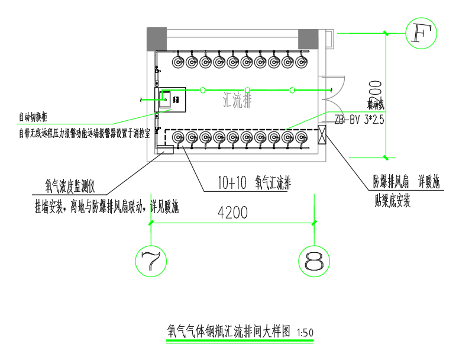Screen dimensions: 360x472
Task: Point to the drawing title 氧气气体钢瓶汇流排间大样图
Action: [x=229, y=332]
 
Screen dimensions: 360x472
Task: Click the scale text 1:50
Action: [x=305, y=333]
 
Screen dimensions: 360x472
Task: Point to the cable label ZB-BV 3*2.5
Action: [x=360, y=119]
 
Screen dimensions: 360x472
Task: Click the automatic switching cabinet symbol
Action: [x=171, y=99]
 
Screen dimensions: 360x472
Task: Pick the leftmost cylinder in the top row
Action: [x=178, y=62]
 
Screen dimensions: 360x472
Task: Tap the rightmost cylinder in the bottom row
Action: [x=301, y=138]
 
